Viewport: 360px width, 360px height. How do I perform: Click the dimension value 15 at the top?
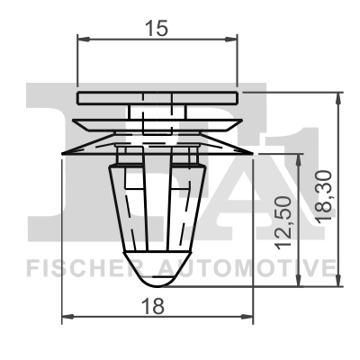click(157, 29)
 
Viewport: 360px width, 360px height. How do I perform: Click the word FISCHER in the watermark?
click(74, 267)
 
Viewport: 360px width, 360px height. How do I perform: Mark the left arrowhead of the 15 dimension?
click(82, 39)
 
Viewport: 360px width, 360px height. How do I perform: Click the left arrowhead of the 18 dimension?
click(66, 317)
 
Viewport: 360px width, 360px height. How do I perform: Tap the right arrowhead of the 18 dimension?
click(250, 317)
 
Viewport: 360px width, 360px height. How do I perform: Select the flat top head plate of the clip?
click(157, 95)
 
